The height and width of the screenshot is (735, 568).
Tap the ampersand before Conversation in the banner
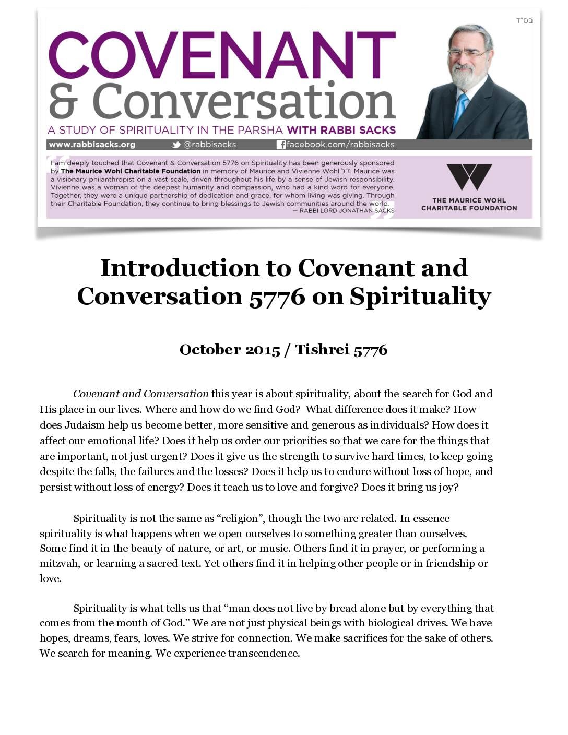pos(63,101)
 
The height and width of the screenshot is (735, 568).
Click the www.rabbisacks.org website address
pos(92,145)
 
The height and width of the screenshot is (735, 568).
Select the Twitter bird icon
pos(176,145)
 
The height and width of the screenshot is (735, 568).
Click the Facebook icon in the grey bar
pos(281,145)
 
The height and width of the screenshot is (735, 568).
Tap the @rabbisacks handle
pos(209,145)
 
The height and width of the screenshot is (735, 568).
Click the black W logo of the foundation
pos(469,177)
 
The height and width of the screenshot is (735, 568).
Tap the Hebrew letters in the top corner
pos(524,20)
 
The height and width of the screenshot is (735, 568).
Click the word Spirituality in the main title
pos(420,297)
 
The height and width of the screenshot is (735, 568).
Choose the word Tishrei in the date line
pos(322,350)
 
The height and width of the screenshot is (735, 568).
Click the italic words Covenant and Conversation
pos(140,394)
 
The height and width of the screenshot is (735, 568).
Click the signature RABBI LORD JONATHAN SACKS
pos(347,211)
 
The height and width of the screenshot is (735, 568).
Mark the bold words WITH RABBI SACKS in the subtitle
pos(341,130)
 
